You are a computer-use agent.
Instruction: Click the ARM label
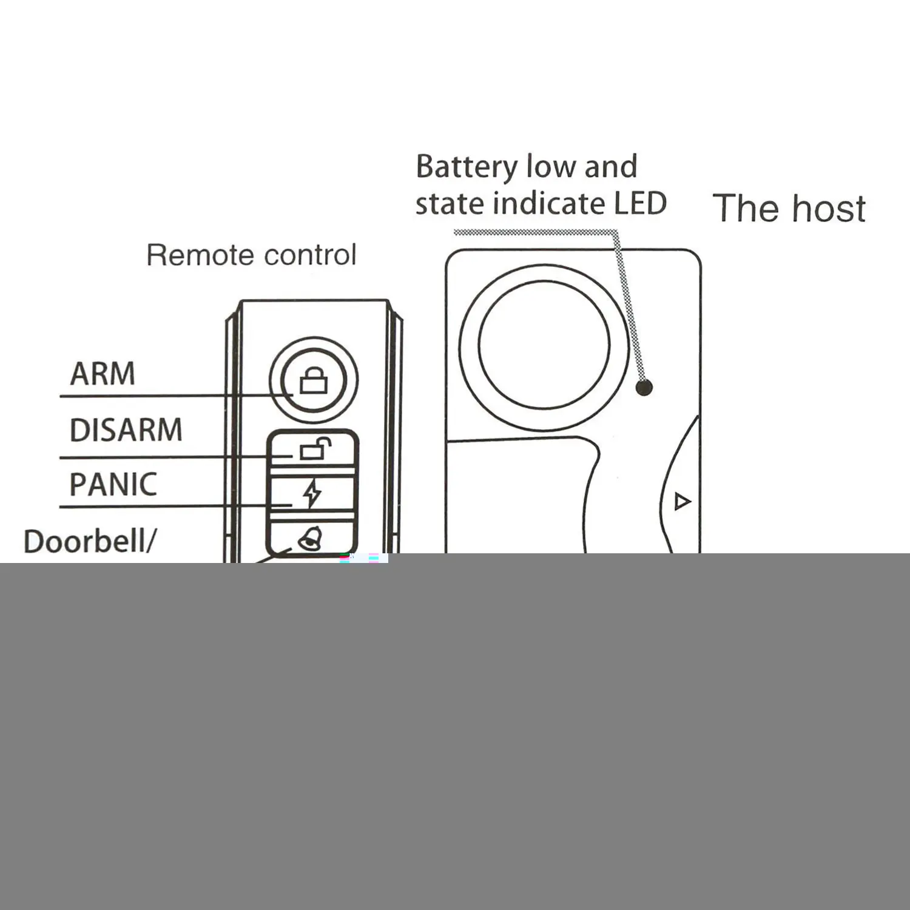click(x=103, y=374)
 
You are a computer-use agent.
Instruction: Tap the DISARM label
click(x=126, y=430)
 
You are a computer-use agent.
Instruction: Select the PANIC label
click(x=113, y=484)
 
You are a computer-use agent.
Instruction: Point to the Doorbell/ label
click(x=89, y=541)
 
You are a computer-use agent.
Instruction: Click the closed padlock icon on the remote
click(x=314, y=382)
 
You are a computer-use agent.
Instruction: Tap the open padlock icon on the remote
click(x=314, y=450)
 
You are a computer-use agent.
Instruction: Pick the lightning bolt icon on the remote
click(x=312, y=493)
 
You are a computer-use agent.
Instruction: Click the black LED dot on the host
click(x=644, y=386)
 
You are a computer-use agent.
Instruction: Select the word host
click(x=829, y=209)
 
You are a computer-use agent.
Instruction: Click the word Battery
click(x=467, y=167)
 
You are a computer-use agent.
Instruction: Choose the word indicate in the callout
click(x=549, y=203)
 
